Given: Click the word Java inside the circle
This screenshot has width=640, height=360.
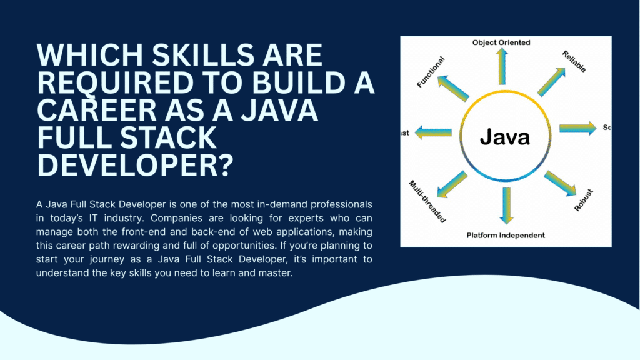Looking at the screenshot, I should point(504,137).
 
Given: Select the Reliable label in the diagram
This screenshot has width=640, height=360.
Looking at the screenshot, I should point(574,61).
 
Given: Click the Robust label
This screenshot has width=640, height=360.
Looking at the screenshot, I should point(584,198).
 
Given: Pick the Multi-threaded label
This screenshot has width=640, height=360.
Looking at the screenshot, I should point(427,201).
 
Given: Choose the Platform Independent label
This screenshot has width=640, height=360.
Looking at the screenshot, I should point(506,236).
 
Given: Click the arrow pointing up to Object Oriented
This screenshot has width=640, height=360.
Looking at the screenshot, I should point(501,67).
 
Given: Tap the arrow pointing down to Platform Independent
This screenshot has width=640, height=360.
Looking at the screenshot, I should point(506,205).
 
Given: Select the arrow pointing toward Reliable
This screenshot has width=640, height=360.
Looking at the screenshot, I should point(552,81).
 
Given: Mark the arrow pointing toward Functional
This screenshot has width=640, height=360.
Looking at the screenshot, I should point(452,88).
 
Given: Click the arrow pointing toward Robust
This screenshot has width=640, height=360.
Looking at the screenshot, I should point(559,183).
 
